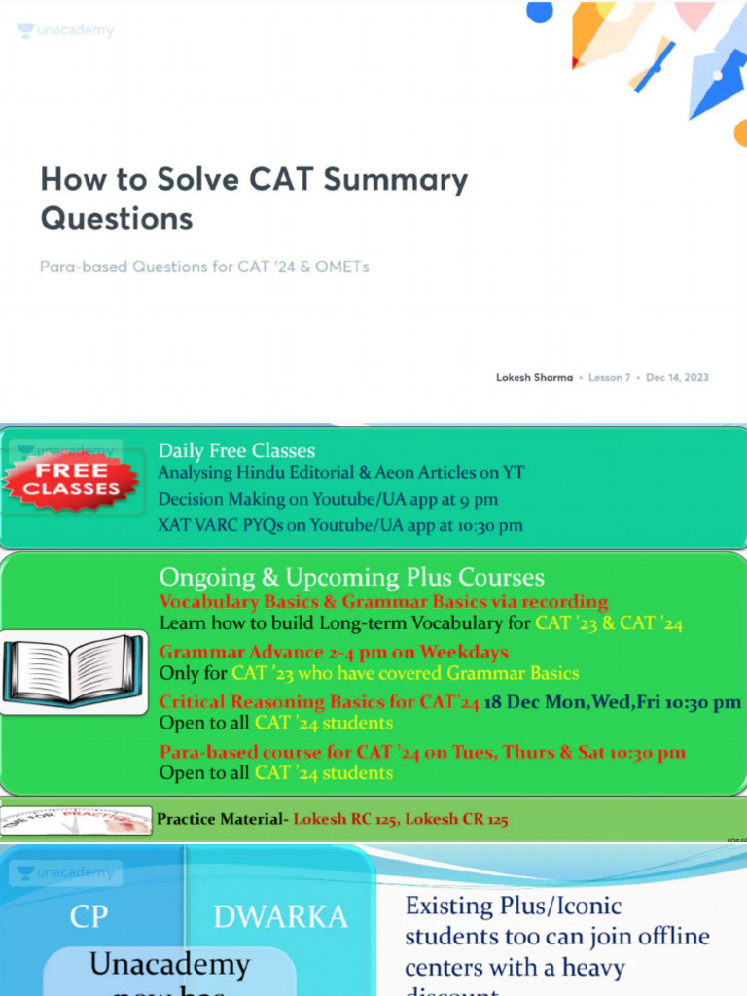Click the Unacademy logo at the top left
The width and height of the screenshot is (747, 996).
coord(65,31)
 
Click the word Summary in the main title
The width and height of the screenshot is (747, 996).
coord(395,180)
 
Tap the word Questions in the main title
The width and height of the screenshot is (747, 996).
coord(117,218)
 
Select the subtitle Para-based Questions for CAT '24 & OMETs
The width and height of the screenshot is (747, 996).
coord(204,267)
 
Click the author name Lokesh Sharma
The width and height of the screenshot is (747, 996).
coord(534,377)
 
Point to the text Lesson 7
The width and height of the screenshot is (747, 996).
coord(610,377)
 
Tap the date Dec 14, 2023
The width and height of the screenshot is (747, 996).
coord(677,377)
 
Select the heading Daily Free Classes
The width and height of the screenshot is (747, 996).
coord(236,450)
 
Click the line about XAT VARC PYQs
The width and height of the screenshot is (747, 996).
coord(340,525)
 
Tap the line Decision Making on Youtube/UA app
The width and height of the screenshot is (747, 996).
coord(328,499)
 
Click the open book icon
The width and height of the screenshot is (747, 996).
coord(73,670)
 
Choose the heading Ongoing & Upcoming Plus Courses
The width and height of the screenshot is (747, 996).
coord(352,577)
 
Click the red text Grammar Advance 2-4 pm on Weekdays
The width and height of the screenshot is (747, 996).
coord(334,652)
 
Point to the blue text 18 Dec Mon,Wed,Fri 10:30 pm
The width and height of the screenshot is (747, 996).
coord(612,702)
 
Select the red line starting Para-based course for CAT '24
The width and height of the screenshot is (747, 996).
coord(422,752)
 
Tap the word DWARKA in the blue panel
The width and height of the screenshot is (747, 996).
coord(280,916)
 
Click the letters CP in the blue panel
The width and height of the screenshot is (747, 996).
coord(89,916)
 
